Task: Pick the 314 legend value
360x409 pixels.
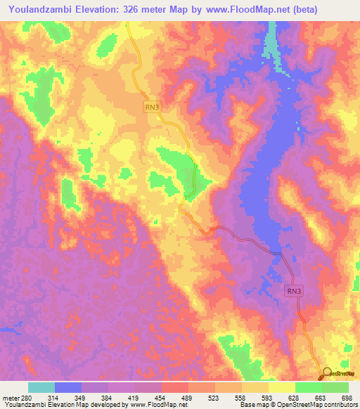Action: tap(55, 397)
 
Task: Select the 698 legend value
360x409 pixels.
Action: tap(348, 397)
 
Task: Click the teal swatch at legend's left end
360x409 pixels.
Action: tap(41, 387)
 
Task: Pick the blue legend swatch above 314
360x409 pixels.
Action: tap(68, 387)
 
